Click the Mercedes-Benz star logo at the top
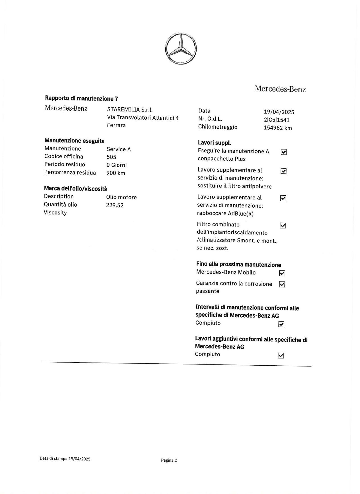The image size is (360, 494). coord(181,48)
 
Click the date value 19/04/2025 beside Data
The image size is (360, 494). coord(279,112)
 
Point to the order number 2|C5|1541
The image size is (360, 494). coord(276,120)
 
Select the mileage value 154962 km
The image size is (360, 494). coord(278,128)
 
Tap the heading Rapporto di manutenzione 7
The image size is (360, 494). coord(82,98)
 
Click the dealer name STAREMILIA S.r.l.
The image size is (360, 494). coord(130,110)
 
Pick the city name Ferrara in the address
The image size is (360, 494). coord(116,125)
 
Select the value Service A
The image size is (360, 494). coord(118,149)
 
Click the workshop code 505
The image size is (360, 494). coord(111,157)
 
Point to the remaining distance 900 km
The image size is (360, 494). coord(115,173)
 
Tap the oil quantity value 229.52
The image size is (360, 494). coord(114,205)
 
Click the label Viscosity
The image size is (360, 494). coord(55,213)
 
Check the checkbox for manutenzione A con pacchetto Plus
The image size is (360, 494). coord(284,152)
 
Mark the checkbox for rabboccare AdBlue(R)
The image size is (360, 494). coord(283,198)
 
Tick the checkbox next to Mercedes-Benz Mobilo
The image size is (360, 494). coord(282,273)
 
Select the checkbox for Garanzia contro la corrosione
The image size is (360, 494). coord(282,284)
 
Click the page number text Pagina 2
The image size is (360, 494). coord(169,460)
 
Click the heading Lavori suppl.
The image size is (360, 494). coord(214,143)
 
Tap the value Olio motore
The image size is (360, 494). coord(121,197)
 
